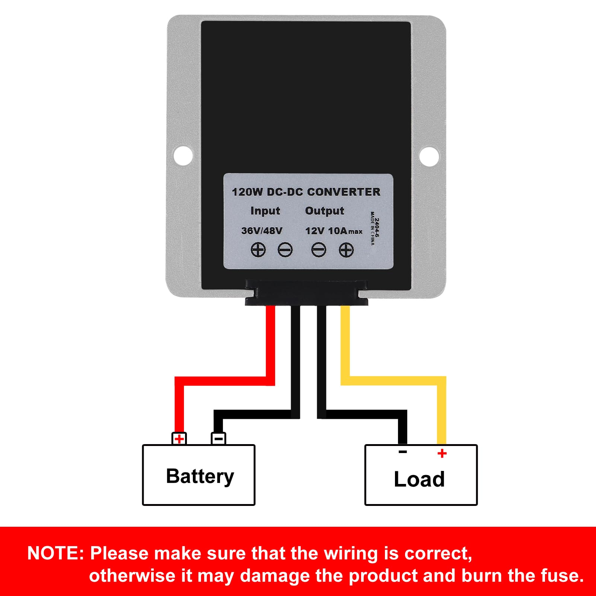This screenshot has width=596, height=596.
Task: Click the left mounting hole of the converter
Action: click(x=183, y=156)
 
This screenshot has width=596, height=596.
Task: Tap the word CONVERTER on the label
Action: click(x=344, y=192)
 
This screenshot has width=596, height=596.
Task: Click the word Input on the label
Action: click(x=265, y=211)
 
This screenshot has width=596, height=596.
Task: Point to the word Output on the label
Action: click(x=325, y=211)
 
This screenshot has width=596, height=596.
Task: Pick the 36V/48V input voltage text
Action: click(x=262, y=231)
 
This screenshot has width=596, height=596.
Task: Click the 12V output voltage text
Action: click(x=315, y=231)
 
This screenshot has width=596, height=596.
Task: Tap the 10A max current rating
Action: click(x=345, y=231)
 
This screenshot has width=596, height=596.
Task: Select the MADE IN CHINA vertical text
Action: click(x=372, y=228)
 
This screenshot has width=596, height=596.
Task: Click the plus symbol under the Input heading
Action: click(x=258, y=250)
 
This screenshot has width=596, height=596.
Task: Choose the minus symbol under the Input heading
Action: click(x=285, y=250)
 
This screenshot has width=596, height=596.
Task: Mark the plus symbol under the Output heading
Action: click(x=346, y=250)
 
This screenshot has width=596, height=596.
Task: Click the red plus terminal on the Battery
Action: click(x=179, y=439)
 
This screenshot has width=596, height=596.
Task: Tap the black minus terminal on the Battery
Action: click(x=219, y=439)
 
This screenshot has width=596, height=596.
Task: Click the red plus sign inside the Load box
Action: click(x=442, y=453)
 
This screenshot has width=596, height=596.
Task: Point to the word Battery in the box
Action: click(x=200, y=477)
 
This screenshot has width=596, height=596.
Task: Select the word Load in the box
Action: click(x=419, y=479)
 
